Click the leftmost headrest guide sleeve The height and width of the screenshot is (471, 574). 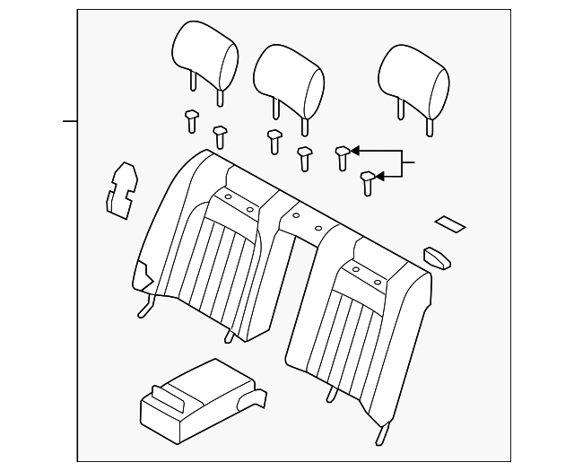[190, 118]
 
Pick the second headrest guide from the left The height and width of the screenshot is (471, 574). [220, 135]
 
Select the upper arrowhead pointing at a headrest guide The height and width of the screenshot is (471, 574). [355, 150]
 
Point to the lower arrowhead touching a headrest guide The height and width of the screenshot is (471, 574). [379, 177]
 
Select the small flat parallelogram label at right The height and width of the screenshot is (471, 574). [449, 223]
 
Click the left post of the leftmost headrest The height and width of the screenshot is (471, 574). [192, 81]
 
